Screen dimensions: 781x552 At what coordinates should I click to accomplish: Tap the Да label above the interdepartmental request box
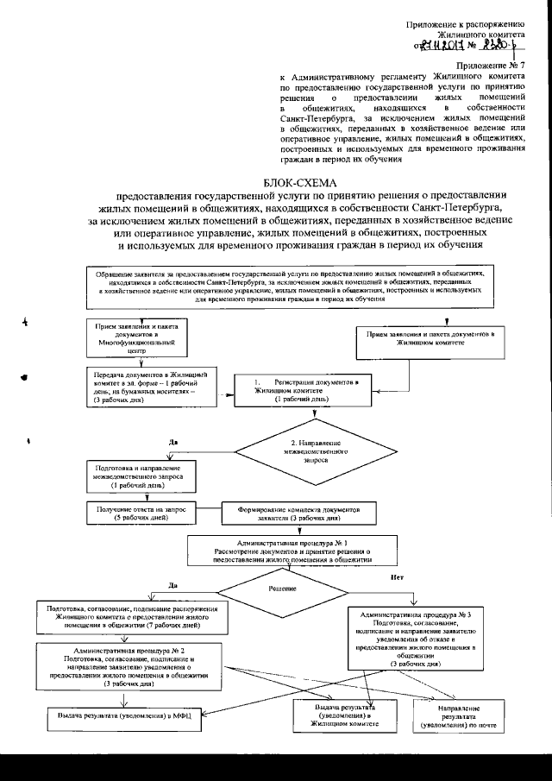point(173,442)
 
